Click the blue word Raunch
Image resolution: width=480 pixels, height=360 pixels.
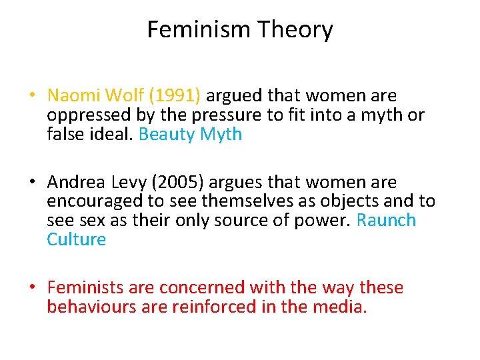tap(387, 220)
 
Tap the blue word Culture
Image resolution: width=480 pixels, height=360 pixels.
tap(76, 239)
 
